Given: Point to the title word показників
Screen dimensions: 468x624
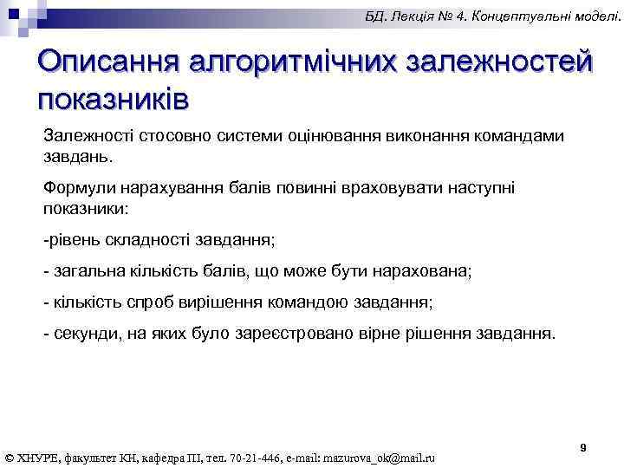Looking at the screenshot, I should point(114,97).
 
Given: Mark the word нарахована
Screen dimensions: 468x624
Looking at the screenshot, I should point(419,270).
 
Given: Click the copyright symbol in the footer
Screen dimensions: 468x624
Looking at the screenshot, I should point(10,458).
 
